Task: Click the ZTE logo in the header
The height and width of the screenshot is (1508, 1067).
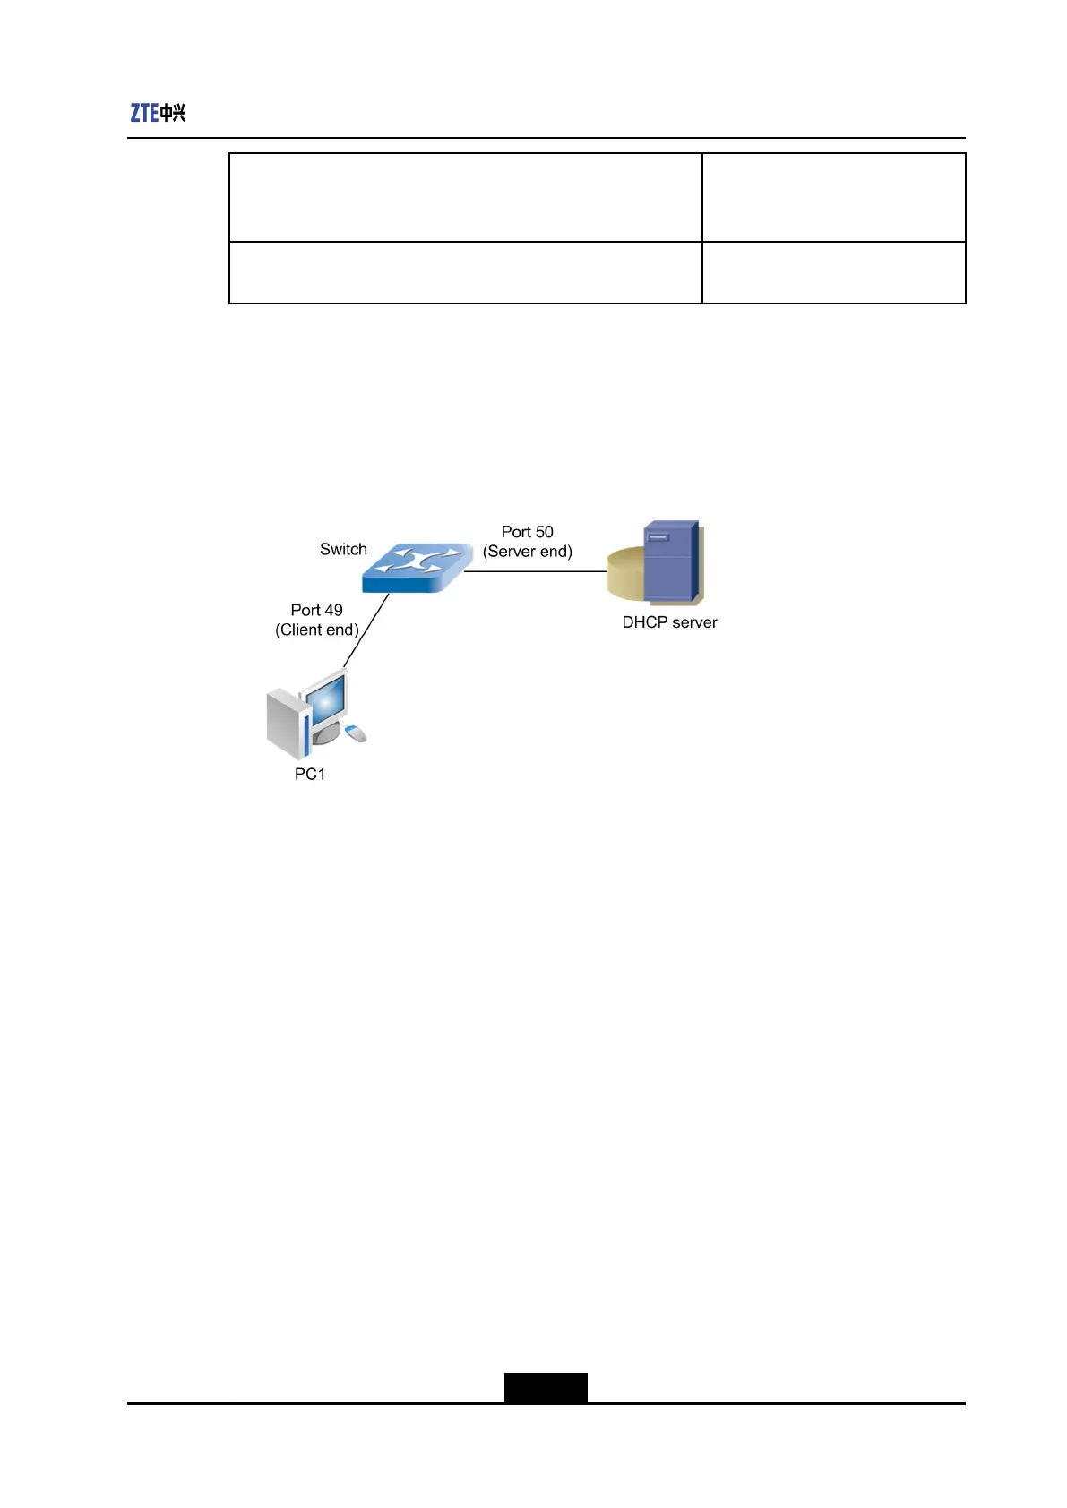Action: [158, 113]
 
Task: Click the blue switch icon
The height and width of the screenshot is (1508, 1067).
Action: [417, 566]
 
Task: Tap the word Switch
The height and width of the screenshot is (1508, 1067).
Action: [343, 549]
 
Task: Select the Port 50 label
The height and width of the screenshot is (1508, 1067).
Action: [527, 532]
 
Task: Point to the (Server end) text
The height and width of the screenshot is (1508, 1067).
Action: [527, 552]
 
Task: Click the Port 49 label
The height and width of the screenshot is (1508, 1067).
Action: [316, 610]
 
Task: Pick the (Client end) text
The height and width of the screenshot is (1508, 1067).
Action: [316, 630]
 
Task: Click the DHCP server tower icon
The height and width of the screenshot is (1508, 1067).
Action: [670, 562]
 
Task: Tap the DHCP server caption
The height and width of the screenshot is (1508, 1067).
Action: [669, 622]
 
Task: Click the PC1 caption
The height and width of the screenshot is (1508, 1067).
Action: [310, 774]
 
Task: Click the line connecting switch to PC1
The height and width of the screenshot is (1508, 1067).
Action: [366, 630]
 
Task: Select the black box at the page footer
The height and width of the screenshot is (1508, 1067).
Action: [545, 1387]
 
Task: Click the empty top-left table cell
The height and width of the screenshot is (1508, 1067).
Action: [465, 197]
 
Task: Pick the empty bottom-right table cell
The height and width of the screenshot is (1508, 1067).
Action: [833, 272]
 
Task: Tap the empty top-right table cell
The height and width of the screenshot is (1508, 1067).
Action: [833, 197]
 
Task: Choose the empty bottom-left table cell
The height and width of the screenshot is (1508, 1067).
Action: [465, 272]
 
